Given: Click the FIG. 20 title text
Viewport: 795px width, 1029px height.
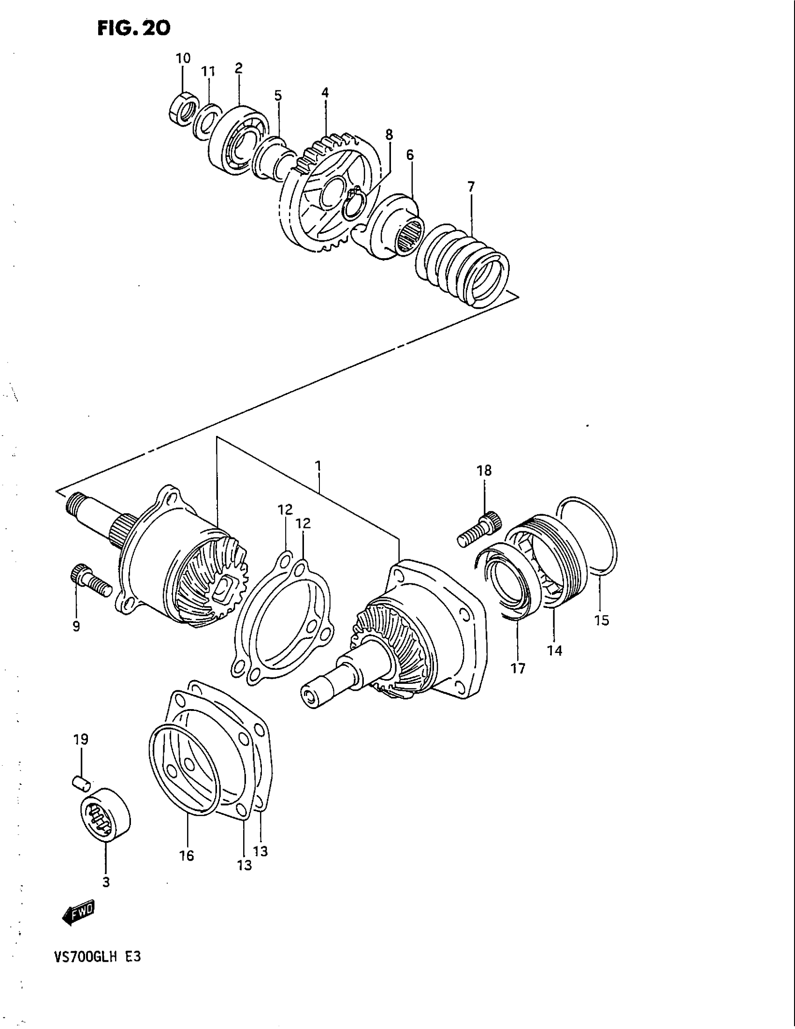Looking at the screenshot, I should (133, 29).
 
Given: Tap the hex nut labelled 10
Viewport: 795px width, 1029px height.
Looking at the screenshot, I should (183, 107).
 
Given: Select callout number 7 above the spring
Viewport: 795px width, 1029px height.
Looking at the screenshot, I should (471, 187).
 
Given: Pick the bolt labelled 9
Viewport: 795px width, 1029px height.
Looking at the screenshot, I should (90, 579).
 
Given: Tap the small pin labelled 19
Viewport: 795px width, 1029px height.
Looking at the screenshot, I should (82, 783).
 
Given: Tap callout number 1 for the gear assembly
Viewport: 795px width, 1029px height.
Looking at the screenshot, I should (318, 466).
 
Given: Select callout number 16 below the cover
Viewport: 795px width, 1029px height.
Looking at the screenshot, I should (187, 855).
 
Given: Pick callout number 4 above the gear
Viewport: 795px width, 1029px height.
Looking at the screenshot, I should (325, 93).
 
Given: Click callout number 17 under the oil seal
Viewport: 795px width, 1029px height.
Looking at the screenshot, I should (518, 668).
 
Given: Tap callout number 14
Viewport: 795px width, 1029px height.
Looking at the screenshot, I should (555, 650).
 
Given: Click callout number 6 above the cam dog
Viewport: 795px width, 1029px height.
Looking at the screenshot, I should (410, 154).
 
